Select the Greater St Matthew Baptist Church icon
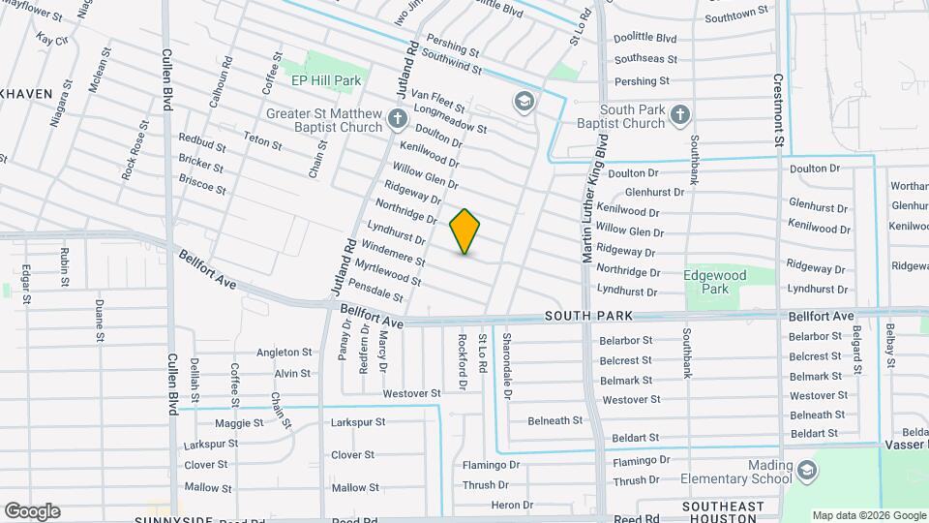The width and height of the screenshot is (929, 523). pos(397,119)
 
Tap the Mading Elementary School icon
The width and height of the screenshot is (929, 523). pos(805,471)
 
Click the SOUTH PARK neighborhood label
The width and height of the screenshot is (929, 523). pos(587,316)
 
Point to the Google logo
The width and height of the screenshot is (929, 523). pos(32,511)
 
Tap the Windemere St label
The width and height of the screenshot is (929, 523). pos(393,255)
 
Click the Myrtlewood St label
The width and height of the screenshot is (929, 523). pos(387,272)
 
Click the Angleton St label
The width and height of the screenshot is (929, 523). pos(285,353)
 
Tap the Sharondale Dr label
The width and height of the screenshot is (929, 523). pos(506,365)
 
